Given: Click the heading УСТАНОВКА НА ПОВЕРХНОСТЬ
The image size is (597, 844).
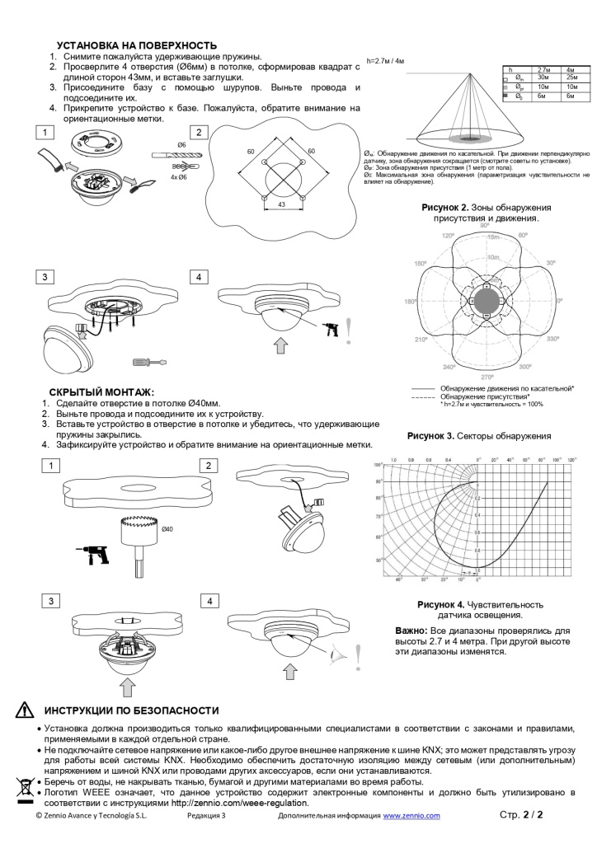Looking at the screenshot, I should pyautogui.click(x=136, y=45).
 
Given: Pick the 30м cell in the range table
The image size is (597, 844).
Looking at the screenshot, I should pyautogui.click(x=543, y=77).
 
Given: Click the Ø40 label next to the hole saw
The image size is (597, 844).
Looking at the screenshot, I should pyautogui.click(x=167, y=529).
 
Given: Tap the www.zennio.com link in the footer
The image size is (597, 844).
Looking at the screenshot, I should pyautogui.click(x=411, y=815).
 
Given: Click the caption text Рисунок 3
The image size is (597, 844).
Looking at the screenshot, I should pyautogui.click(x=430, y=435).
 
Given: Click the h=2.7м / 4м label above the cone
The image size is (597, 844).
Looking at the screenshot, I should pyautogui.click(x=385, y=60).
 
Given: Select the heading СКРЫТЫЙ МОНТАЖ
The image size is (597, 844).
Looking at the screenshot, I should pyautogui.click(x=101, y=392).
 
